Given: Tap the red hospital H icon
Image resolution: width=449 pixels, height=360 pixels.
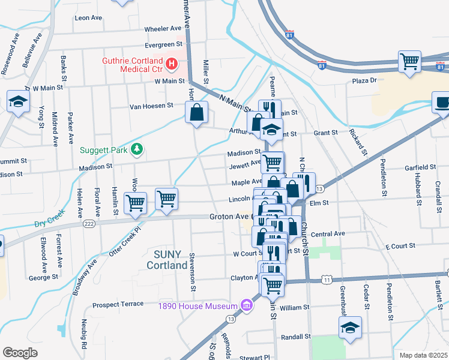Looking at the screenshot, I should (171, 63).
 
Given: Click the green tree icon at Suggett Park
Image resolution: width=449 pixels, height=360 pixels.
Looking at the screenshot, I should (137, 149).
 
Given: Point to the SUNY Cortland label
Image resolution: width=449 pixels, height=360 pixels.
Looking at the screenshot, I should (166, 260).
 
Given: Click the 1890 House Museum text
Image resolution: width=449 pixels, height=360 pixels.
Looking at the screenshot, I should (197, 306).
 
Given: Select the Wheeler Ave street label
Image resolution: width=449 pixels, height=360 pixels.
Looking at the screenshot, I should (163, 28).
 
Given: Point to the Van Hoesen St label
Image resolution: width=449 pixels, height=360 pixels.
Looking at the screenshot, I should (152, 106).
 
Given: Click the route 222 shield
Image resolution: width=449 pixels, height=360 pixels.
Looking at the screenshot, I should (89, 223).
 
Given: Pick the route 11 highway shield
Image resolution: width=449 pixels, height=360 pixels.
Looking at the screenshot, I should (327, 280).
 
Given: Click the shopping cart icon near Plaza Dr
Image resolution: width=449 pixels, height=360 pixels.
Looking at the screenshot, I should (409, 61).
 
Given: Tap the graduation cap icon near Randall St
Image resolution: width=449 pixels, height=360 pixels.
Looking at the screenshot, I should (350, 327).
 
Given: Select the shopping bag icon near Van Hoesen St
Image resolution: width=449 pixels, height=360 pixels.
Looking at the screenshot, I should (197, 112).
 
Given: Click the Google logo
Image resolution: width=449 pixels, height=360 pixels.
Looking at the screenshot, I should (20, 353).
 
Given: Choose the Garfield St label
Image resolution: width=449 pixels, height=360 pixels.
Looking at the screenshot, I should (420, 167).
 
